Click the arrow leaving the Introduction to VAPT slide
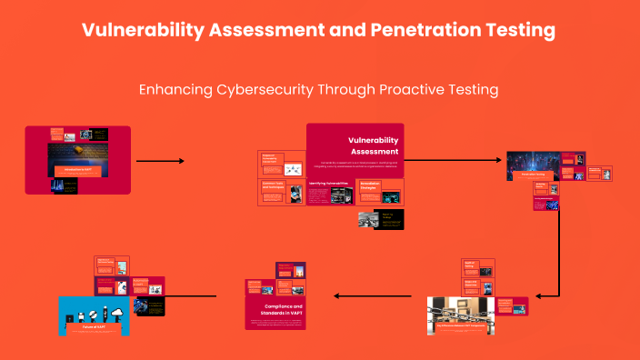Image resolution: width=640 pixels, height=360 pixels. [160, 161]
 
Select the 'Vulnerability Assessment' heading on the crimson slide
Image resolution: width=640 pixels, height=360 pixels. [374, 145]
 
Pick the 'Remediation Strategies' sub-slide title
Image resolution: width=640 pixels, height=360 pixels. [370, 185]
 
